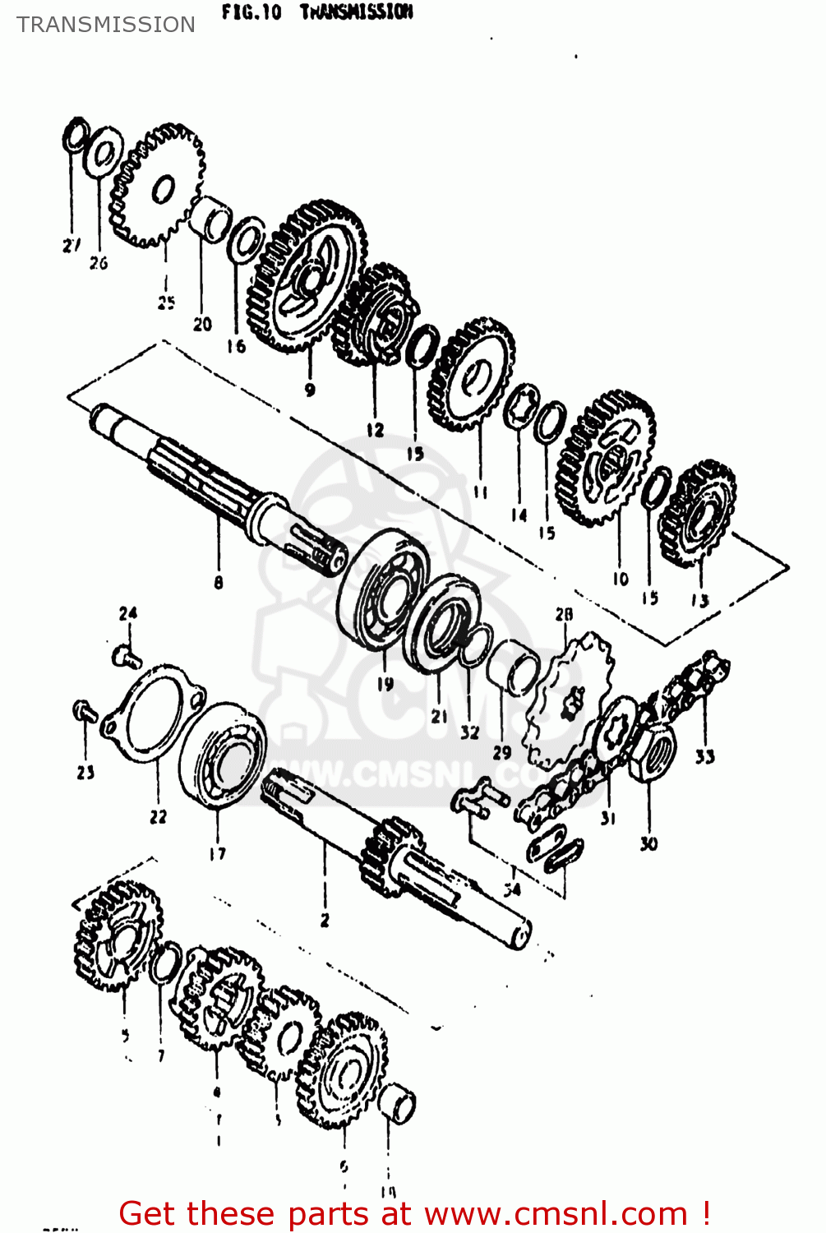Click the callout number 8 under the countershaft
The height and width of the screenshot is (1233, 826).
(218, 583)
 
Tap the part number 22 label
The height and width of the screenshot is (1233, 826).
(158, 816)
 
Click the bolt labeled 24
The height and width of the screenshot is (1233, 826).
(126, 656)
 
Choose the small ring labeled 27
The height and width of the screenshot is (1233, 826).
(75, 136)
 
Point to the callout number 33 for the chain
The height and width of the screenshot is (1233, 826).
(704, 756)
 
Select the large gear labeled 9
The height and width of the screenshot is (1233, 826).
(307, 277)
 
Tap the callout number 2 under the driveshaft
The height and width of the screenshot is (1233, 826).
(325, 920)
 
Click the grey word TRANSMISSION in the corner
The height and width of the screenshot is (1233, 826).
(106, 25)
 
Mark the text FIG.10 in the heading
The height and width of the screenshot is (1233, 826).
(251, 12)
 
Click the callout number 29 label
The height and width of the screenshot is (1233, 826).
(501, 752)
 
